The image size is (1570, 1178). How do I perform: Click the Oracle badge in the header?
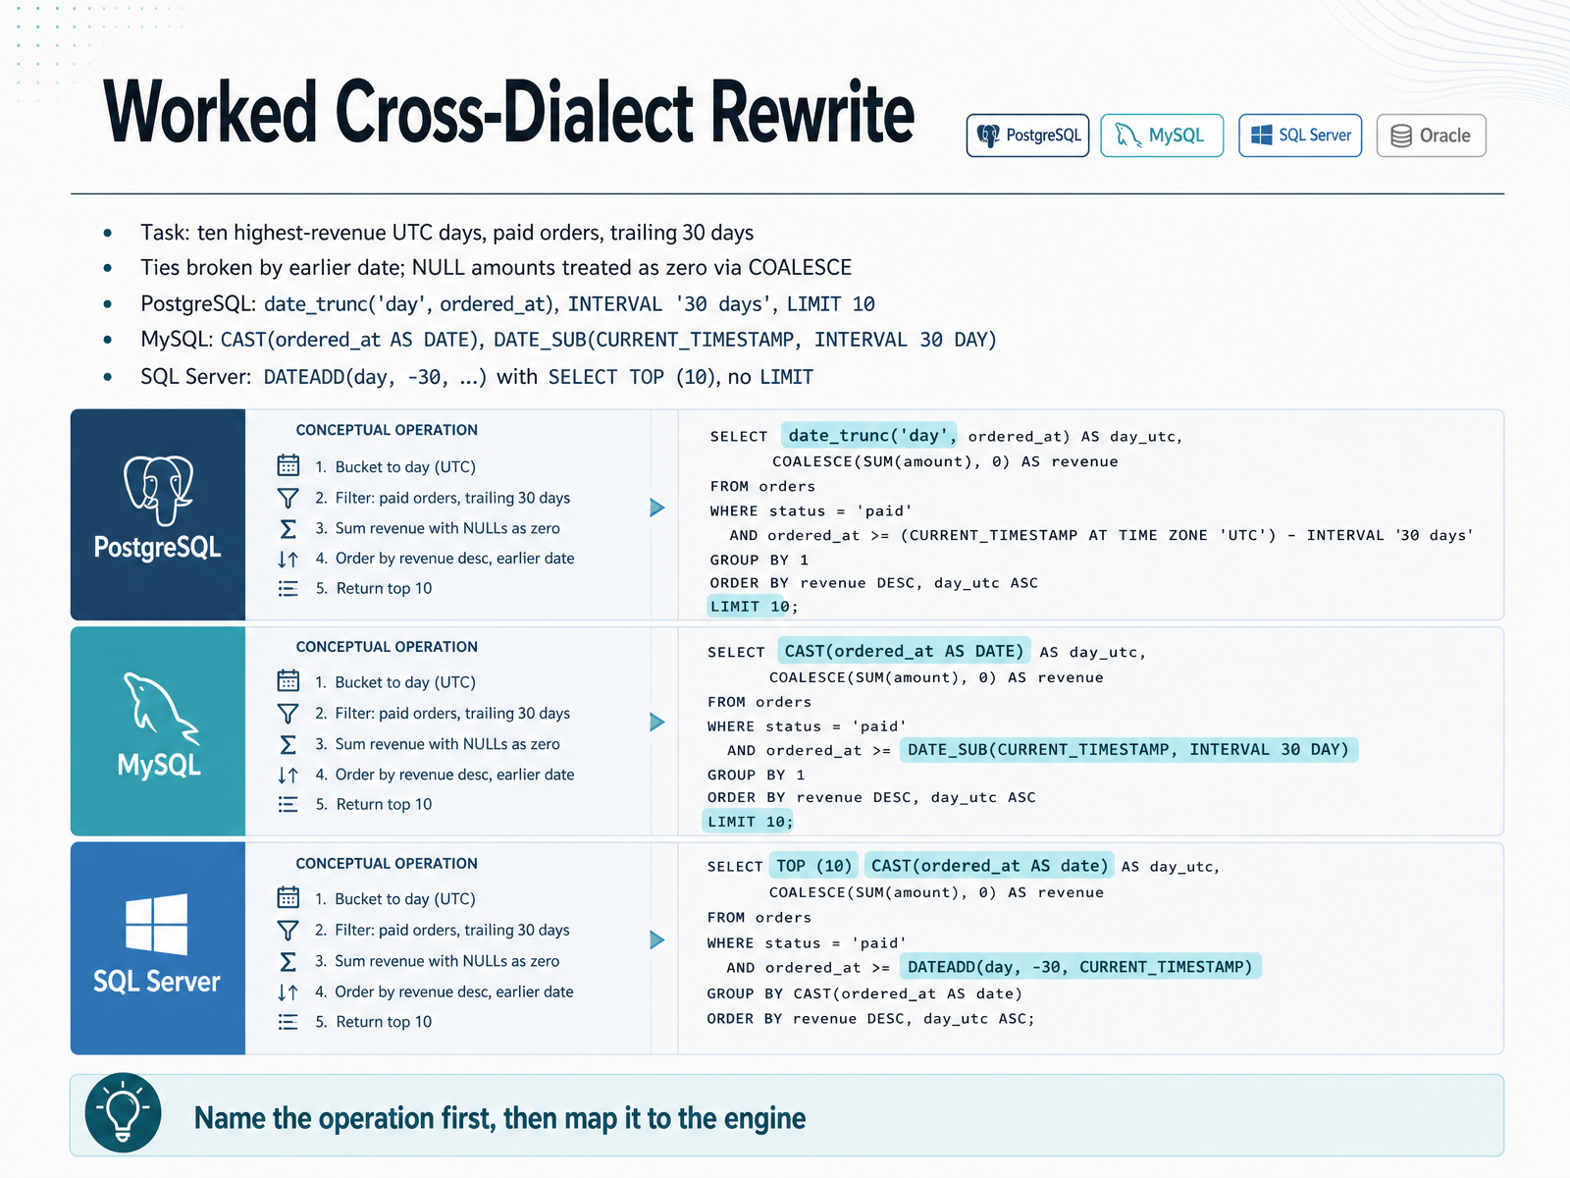[1431, 135]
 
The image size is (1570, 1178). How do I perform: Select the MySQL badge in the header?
[1162, 135]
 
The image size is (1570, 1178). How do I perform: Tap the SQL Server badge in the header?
[1299, 135]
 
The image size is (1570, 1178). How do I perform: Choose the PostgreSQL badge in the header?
[1027, 135]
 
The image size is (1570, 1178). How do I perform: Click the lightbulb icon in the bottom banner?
[123, 1112]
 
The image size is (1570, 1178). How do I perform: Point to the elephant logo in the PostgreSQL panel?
[158, 490]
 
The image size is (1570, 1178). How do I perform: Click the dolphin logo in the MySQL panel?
[160, 708]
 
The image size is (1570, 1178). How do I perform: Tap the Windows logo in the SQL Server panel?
[157, 924]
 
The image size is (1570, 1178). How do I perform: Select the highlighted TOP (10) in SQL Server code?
[814, 866]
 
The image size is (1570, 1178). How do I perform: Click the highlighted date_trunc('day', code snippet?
[869, 435]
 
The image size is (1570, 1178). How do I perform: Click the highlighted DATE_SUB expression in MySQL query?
[1128, 750]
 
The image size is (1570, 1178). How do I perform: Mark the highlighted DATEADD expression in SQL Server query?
[1080, 967]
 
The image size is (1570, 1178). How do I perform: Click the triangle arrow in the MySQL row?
[656, 722]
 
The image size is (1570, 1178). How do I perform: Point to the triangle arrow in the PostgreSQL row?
[656, 508]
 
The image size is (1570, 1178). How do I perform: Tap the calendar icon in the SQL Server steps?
[288, 897]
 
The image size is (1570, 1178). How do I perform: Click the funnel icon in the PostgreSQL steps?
[288, 497]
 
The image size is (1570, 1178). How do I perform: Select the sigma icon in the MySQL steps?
[288, 744]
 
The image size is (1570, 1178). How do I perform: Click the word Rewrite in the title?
[811, 113]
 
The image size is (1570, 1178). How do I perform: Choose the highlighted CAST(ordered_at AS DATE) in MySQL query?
[904, 651]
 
